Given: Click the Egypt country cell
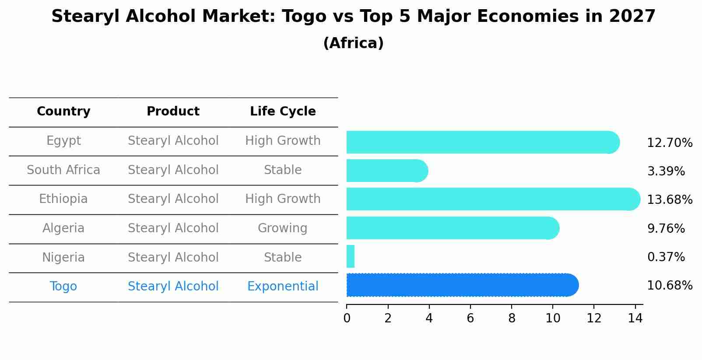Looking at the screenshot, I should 63,141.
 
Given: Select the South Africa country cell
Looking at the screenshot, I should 63,170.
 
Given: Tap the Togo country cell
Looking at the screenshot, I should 63,287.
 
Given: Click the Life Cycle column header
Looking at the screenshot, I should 283,112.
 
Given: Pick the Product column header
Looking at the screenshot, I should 173,112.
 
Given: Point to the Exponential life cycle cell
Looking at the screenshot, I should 283,287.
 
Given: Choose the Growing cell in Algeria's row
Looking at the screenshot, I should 283,228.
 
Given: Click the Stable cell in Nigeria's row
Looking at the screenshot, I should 283,258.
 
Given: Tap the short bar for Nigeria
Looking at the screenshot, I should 351,256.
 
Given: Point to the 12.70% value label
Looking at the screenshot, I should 670,143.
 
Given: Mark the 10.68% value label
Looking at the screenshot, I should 670,286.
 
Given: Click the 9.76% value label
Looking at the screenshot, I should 666,229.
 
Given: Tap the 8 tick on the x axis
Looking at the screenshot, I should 512,318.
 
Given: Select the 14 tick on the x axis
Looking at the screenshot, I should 635,318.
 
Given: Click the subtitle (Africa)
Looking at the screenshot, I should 353,43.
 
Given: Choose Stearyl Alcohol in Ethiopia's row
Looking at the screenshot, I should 173,199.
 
